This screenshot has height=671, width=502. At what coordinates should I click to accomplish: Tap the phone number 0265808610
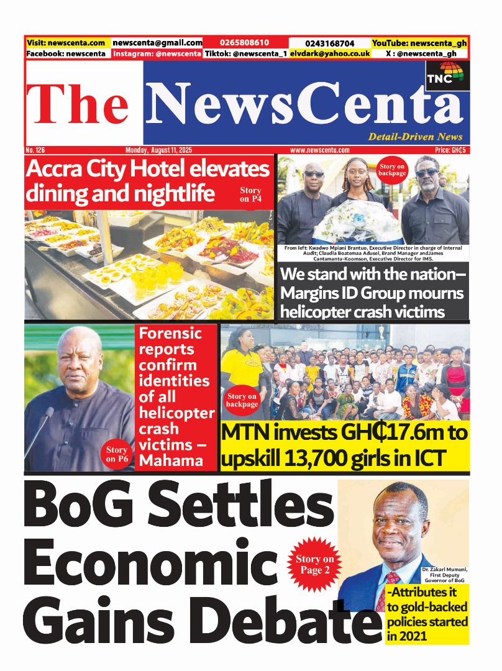pos(244,43)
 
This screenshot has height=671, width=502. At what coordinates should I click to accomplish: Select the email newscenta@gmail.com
pos(157,43)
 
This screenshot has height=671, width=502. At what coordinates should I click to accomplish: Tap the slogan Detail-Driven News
pos(415,137)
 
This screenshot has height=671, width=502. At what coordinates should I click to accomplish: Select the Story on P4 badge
pos(250,195)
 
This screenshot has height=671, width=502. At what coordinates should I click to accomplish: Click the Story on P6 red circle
pos(116,454)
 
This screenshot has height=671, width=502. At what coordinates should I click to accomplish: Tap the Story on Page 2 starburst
pos(314,564)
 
